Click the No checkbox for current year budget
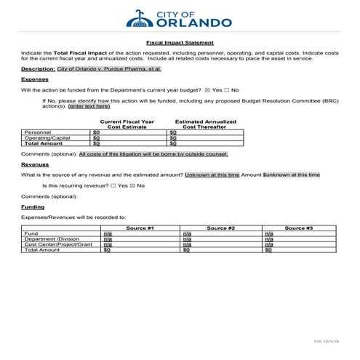tap(226, 89)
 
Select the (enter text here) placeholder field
tap(89, 106)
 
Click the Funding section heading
tap(33, 207)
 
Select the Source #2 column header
tap(220, 228)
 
